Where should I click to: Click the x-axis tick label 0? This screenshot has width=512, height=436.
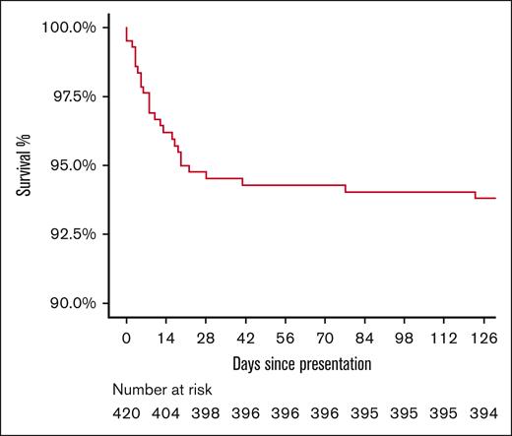[127, 339]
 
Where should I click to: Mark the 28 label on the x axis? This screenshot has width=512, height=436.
[206, 339]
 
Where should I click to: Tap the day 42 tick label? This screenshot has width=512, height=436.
[246, 339]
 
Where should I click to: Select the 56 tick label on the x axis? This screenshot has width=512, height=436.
[286, 339]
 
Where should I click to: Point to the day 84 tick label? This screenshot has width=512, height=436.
[365, 339]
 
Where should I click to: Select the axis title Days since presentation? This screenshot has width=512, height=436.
[301, 365]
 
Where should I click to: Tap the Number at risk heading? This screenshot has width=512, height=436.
[161, 390]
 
